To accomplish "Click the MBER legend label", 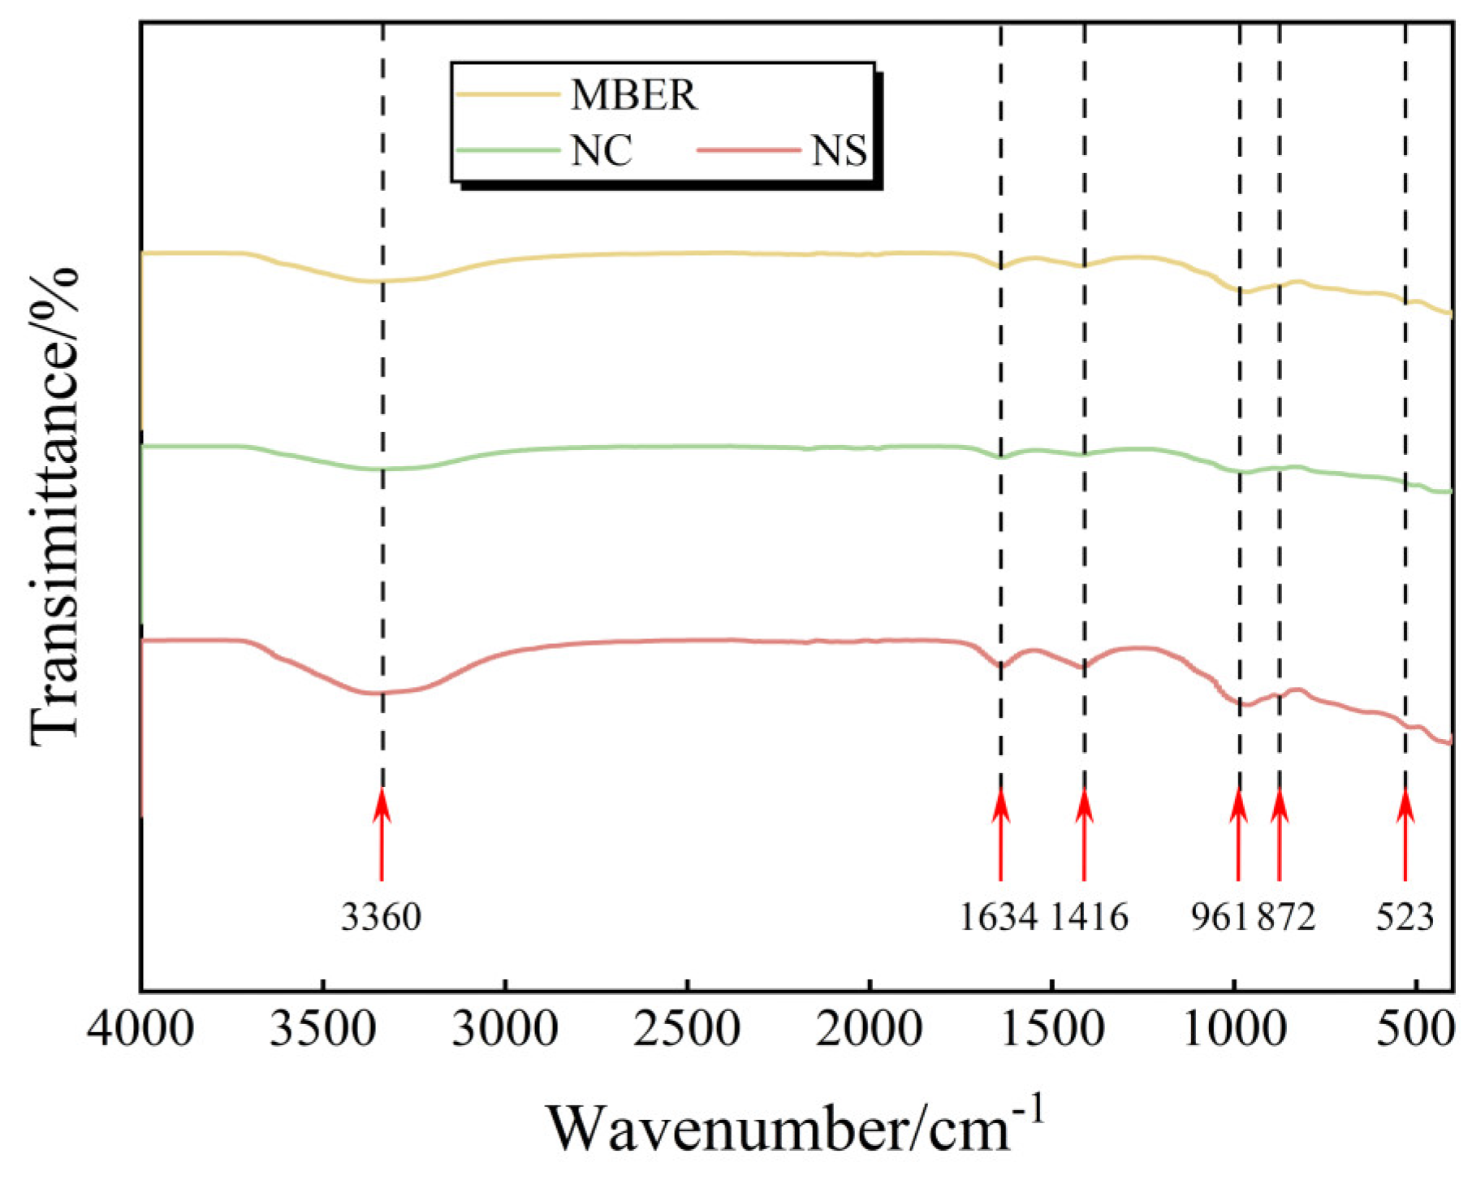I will [x=633, y=96].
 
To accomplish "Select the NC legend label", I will [x=601, y=151].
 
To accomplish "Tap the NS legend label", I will [x=839, y=151].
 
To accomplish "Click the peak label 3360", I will [x=381, y=918].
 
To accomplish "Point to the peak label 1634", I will [x=999, y=918].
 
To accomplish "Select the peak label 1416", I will [x=1090, y=918].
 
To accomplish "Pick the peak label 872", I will [x=1286, y=918].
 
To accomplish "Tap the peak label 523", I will [x=1405, y=918].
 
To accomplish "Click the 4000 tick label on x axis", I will [x=140, y=1030].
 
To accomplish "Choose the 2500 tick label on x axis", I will [x=687, y=1030].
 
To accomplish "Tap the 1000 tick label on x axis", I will [x=1234, y=1030].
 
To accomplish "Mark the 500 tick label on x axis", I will [x=1416, y=1030].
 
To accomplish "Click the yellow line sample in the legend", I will [x=507, y=94].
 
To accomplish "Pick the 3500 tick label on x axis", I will [x=322, y=1030].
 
